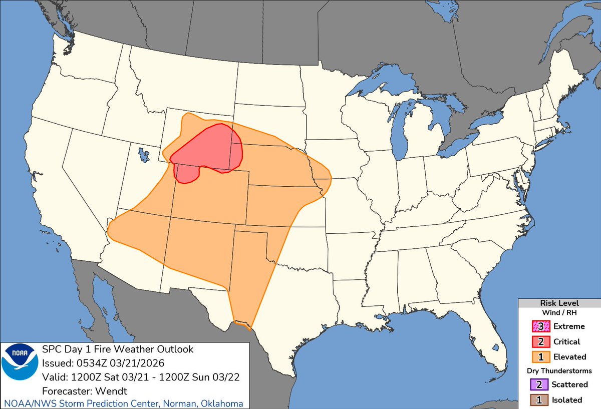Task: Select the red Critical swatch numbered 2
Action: (540, 342)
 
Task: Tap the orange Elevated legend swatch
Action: (540, 357)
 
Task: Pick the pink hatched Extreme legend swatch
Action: (540, 326)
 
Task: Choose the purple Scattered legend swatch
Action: (540, 385)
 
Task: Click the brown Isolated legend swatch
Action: (540, 400)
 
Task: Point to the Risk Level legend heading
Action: (559, 303)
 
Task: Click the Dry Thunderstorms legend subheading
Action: (559, 371)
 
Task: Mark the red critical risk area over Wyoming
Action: (210, 150)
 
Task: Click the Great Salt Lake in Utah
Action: (144, 154)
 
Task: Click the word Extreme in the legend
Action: (568, 326)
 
